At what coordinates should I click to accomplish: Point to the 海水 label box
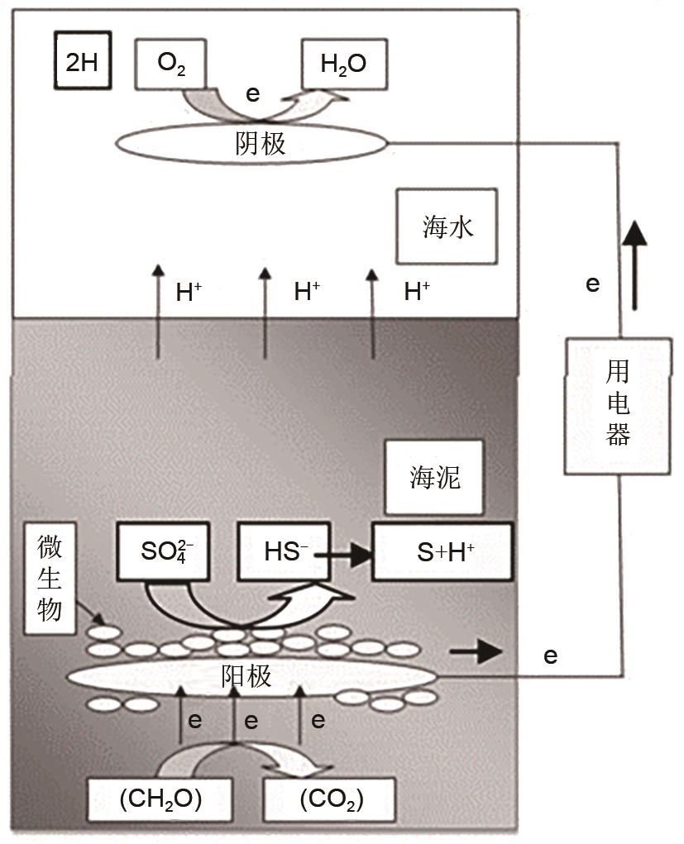click(447, 226)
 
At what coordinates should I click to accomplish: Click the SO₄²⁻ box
click(166, 551)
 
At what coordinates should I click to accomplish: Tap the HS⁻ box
click(282, 551)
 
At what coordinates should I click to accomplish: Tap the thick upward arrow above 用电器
click(634, 265)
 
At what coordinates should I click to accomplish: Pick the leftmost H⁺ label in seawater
click(189, 292)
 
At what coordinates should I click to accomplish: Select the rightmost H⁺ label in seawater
click(417, 292)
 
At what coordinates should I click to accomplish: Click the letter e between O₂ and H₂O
click(252, 93)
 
